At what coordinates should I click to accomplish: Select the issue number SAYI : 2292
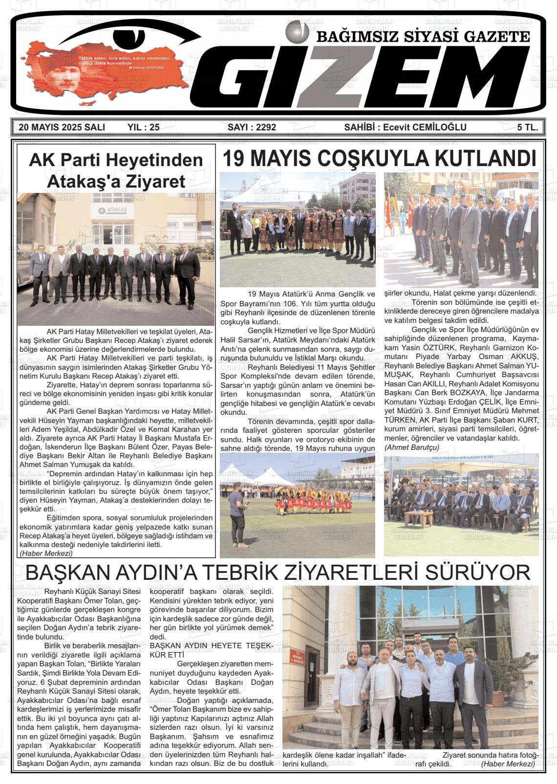click(252, 127)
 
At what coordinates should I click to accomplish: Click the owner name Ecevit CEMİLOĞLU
click(425, 127)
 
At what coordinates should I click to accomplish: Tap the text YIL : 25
click(143, 127)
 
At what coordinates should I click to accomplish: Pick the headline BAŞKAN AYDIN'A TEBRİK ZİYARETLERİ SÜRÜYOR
click(278, 572)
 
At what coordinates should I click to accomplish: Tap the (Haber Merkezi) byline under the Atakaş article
click(46, 553)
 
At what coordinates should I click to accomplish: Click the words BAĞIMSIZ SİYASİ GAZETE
click(423, 36)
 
